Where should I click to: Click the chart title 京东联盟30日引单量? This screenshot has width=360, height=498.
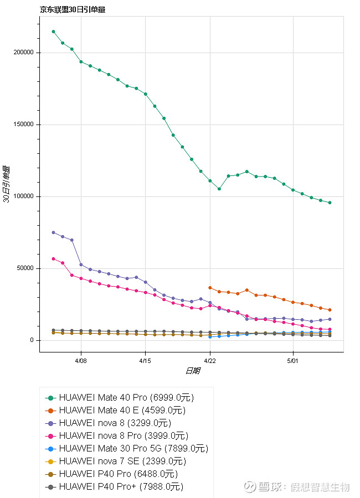point(73,9)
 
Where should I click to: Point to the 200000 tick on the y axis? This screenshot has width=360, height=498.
point(23,53)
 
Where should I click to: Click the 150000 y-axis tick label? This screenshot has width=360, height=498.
point(23,124)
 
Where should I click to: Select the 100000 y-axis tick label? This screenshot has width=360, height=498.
point(23,196)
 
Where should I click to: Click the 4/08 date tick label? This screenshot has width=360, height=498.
point(81,359)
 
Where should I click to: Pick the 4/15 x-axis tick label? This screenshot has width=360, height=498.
point(145,359)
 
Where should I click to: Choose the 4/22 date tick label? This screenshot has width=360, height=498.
point(210,359)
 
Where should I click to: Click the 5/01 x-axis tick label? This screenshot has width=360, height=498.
point(292,359)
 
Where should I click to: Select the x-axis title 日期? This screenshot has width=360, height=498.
point(192,371)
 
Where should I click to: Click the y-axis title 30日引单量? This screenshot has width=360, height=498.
point(7,184)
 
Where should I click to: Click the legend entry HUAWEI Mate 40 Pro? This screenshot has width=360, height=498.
point(126,398)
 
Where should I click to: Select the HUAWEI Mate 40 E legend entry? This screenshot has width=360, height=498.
point(122,411)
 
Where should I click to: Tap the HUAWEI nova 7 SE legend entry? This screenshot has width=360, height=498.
point(122,461)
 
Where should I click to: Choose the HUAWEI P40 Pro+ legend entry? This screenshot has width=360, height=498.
point(121,487)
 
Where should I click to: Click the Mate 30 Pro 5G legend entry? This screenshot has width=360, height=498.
point(133,449)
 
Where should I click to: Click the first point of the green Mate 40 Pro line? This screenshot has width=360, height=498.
point(53,32)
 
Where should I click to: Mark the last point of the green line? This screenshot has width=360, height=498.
point(330,203)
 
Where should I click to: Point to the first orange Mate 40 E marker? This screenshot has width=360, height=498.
point(210,288)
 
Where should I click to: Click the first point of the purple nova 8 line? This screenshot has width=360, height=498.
point(53,232)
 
